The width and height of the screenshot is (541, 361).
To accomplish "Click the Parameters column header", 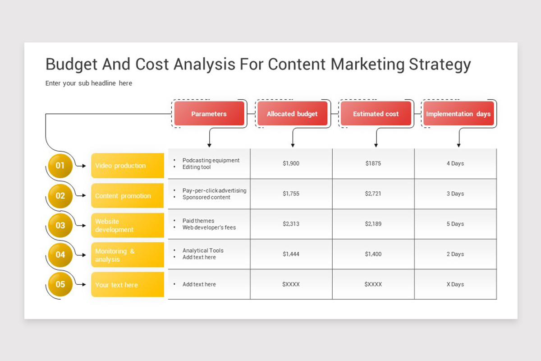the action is (x=209, y=113).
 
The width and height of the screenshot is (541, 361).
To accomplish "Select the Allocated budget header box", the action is (x=292, y=113).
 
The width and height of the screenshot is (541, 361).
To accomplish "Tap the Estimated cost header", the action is (x=376, y=113).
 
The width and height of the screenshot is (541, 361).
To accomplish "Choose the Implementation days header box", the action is (x=458, y=113).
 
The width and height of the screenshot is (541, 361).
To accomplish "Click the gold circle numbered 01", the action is (x=60, y=166).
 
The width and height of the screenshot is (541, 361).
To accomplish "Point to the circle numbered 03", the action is (x=60, y=225).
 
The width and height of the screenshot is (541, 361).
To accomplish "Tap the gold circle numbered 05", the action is (x=60, y=284).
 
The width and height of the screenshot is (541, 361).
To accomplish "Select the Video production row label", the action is (x=128, y=166).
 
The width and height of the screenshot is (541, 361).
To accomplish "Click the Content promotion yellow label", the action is (x=127, y=195).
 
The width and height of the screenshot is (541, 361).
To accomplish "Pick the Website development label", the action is (x=128, y=225).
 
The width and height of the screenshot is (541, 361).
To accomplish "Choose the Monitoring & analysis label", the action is (x=128, y=255).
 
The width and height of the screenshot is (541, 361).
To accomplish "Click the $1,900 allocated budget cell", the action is (x=291, y=163).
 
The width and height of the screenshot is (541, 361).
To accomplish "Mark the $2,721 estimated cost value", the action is (x=373, y=194).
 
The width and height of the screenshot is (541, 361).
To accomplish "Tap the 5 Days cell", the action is (x=455, y=224).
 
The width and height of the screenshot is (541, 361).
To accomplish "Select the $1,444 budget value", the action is (x=291, y=254).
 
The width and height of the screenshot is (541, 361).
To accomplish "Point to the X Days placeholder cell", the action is (x=455, y=284).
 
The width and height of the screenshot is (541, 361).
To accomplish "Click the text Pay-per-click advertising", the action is (x=215, y=190).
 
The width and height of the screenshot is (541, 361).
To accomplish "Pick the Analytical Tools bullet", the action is (x=203, y=250).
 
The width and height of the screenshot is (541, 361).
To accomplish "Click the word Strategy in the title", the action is (x=440, y=65).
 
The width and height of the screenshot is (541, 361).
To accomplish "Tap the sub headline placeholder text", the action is (x=89, y=83).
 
